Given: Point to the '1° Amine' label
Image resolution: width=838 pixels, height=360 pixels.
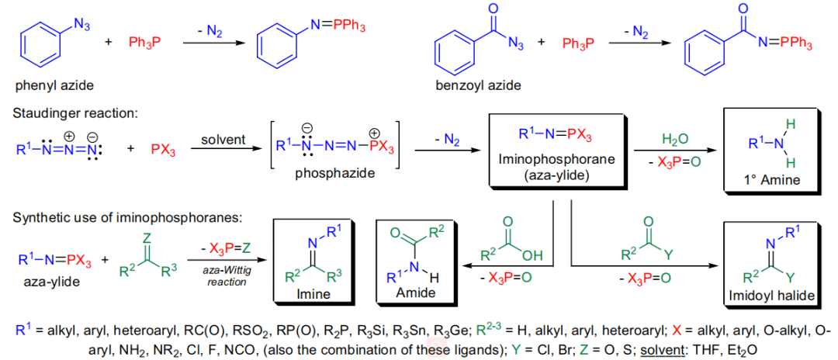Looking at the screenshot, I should click(771, 181).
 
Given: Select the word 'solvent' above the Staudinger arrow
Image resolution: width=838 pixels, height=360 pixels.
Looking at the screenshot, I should click(223, 140).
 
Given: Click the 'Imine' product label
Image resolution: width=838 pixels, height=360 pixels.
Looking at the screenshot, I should click(314, 295).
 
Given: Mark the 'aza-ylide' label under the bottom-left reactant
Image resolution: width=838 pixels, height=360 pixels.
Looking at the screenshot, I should click(48, 282).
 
